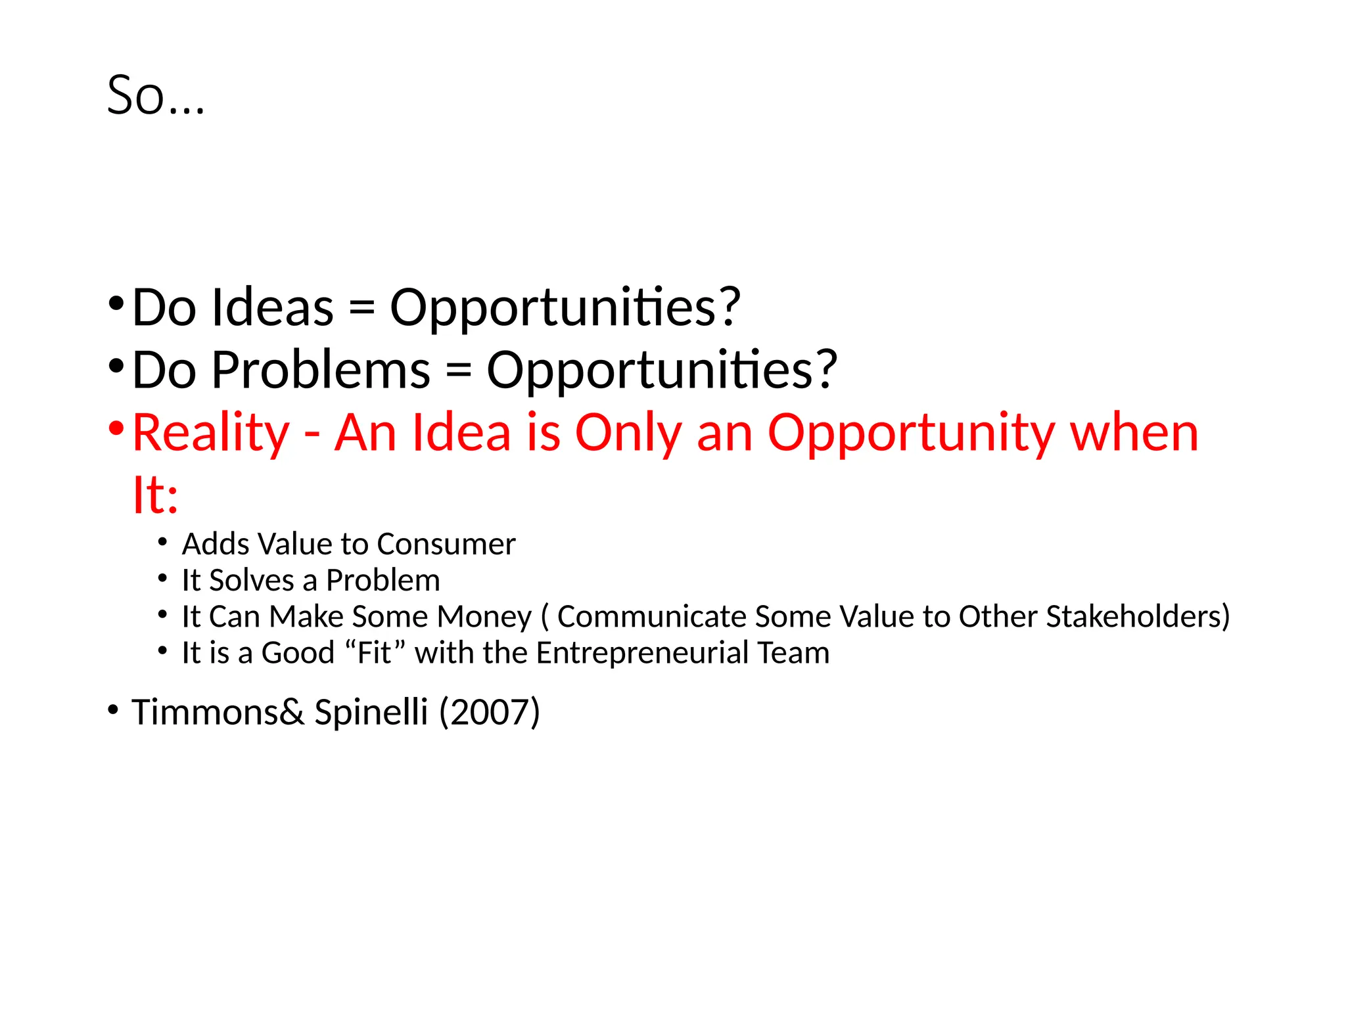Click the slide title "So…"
pyautogui.click(x=156, y=96)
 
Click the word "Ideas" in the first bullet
pyautogui.click(x=273, y=307)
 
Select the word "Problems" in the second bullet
pyautogui.click(x=321, y=370)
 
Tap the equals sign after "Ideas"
pyautogui.click(x=361, y=307)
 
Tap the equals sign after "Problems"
pyautogui.click(x=458, y=370)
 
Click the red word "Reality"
pyautogui.click(x=211, y=434)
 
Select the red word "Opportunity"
pyautogui.click(x=911, y=434)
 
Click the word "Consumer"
pyautogui.click(x=446, y=545)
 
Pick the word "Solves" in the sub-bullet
pyautogui.click(x=252, y=581)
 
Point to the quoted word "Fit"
pyautogui.click(x=374, y=653)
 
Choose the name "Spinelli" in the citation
pyautogui.click(x=371, y=712)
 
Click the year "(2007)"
pyautogui.click(x=490, y=712)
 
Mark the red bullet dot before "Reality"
pyautogui.click(x=116, y=428)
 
